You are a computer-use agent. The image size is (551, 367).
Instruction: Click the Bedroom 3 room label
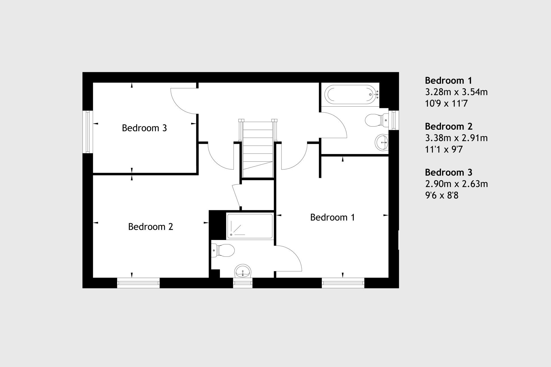click(x=144, y=128)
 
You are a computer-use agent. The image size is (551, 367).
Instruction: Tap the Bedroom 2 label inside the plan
click(x=150, y=227)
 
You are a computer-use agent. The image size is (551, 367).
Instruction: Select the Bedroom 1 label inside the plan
click(x=332, y=217)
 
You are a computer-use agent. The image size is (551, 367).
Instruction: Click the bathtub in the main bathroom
click(x=351, y=94)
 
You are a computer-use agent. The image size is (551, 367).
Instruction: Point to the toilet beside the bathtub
click(x=377, y=120)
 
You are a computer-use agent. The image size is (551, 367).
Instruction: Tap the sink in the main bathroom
click(x=382, y=142)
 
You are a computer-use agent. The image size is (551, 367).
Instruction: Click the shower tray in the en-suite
click(x=250, y=226)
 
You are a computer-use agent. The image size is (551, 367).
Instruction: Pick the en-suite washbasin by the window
click(x=243, y=271)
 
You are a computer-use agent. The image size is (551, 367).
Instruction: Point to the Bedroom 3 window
click(x=88, y=132)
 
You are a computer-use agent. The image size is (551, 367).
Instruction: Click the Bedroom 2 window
click(x=138, y=283)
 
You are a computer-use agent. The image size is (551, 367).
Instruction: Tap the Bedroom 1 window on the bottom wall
click(x=343, y=283)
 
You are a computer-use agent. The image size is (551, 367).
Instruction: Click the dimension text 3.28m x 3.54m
click(x=456, y=92)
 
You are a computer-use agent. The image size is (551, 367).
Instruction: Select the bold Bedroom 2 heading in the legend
click(x=449, y=126)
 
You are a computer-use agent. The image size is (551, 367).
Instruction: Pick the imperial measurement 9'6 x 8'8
click(x=442, y=195)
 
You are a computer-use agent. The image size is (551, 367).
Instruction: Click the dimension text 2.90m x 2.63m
click(x=456, y=184)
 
